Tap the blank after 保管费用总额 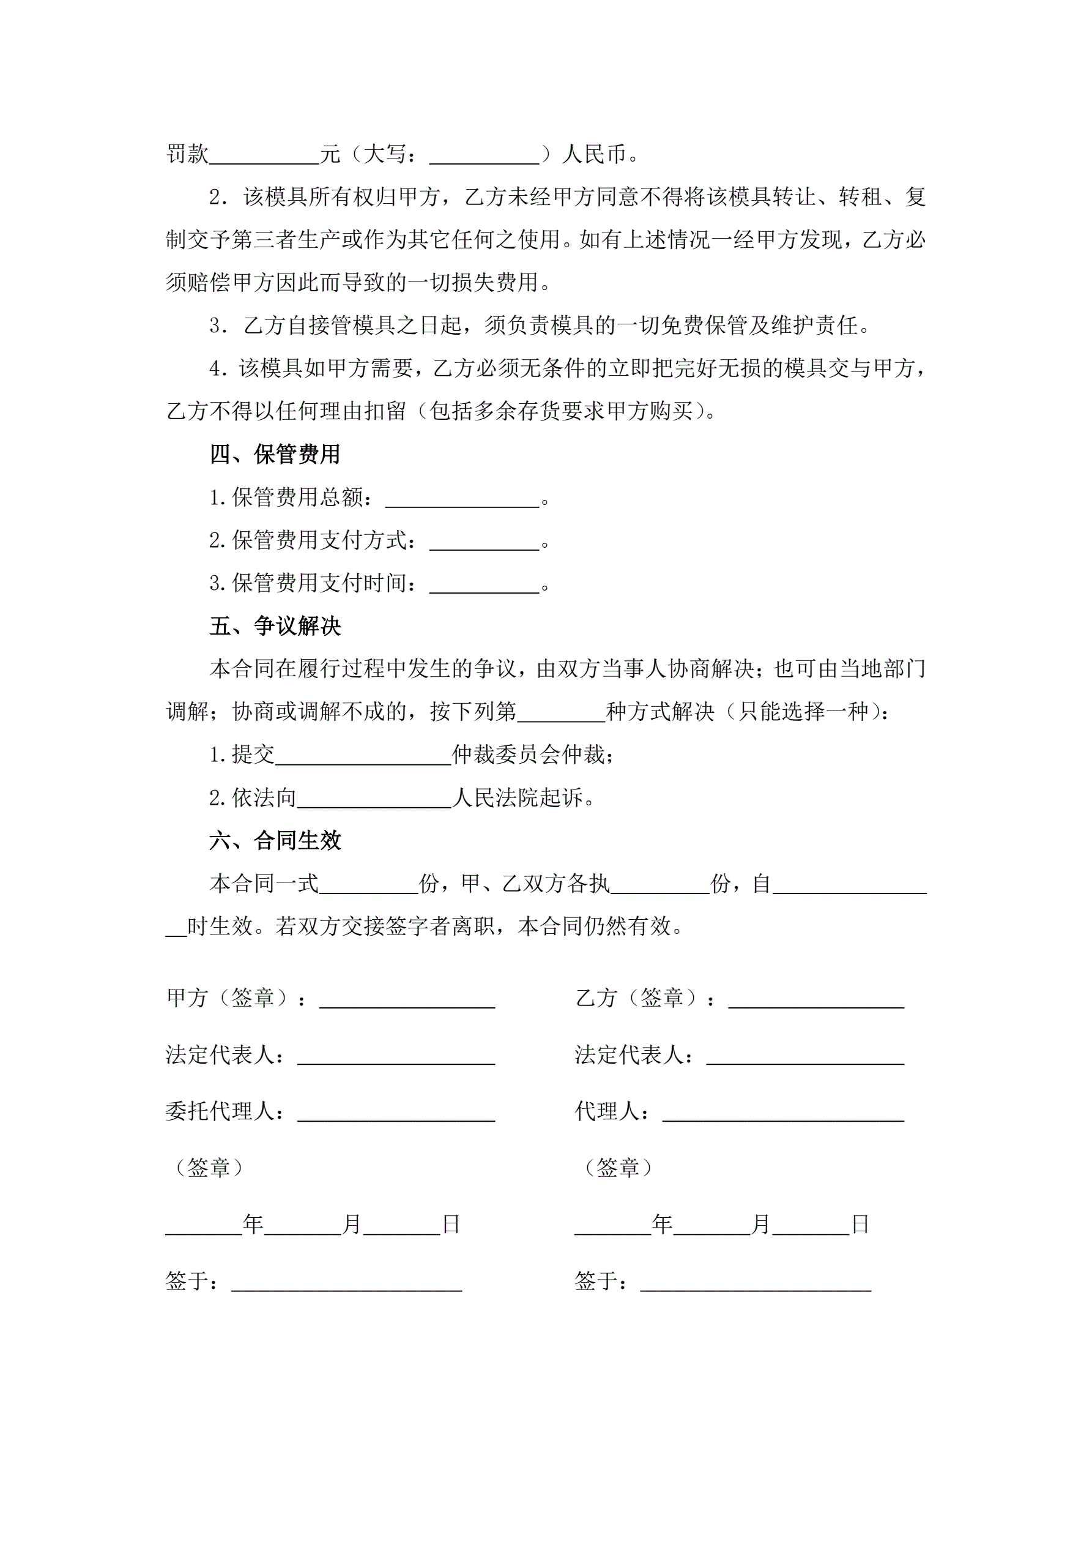click(462, 499)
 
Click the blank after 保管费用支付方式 click(484, 542)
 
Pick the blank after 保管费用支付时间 click(484, 585)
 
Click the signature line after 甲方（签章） click(407, 999)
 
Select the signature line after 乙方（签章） click(815, 999)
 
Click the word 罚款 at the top click(187, 155)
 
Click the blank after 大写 click(484, 156)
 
